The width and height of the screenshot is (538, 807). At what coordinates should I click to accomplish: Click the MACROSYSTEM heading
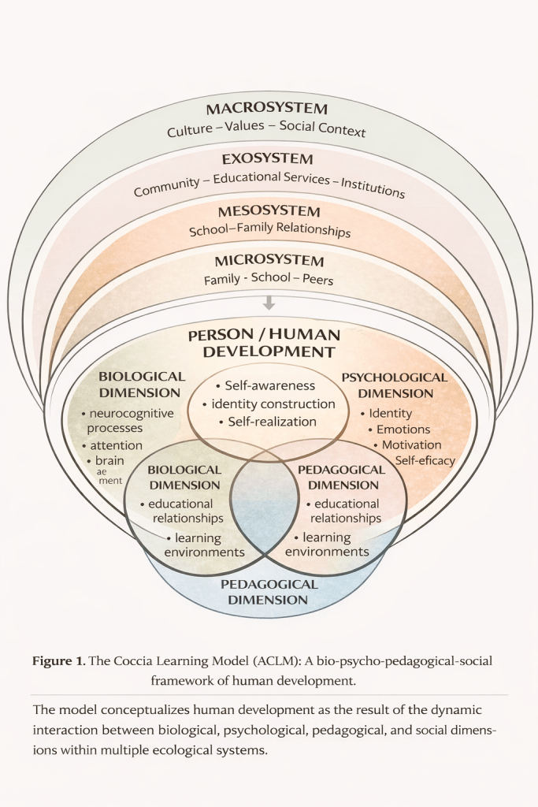tap(266, 109)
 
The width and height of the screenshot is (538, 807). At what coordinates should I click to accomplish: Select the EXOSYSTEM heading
tap(267, 160)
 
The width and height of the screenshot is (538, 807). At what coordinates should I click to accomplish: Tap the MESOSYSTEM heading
tap(269, 212)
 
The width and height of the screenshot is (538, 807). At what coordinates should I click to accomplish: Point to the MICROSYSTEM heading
tap(269, 261)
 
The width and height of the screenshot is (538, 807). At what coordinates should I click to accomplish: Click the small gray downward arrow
tap(269, 303)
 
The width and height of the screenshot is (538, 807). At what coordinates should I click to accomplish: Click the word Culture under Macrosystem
tap(190, 131)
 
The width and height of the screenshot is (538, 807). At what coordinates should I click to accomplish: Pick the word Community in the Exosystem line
tap(167, 188)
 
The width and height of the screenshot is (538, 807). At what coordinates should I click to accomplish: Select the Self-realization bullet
tap(268, 422)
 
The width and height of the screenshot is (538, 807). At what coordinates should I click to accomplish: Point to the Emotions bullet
tap(402, 430)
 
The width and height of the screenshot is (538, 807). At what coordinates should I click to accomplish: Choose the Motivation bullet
tap(410, 445)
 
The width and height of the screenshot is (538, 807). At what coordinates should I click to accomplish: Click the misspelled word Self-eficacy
tap(425, 460)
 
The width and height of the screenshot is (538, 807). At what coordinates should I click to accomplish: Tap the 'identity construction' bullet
tap(269, 404)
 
